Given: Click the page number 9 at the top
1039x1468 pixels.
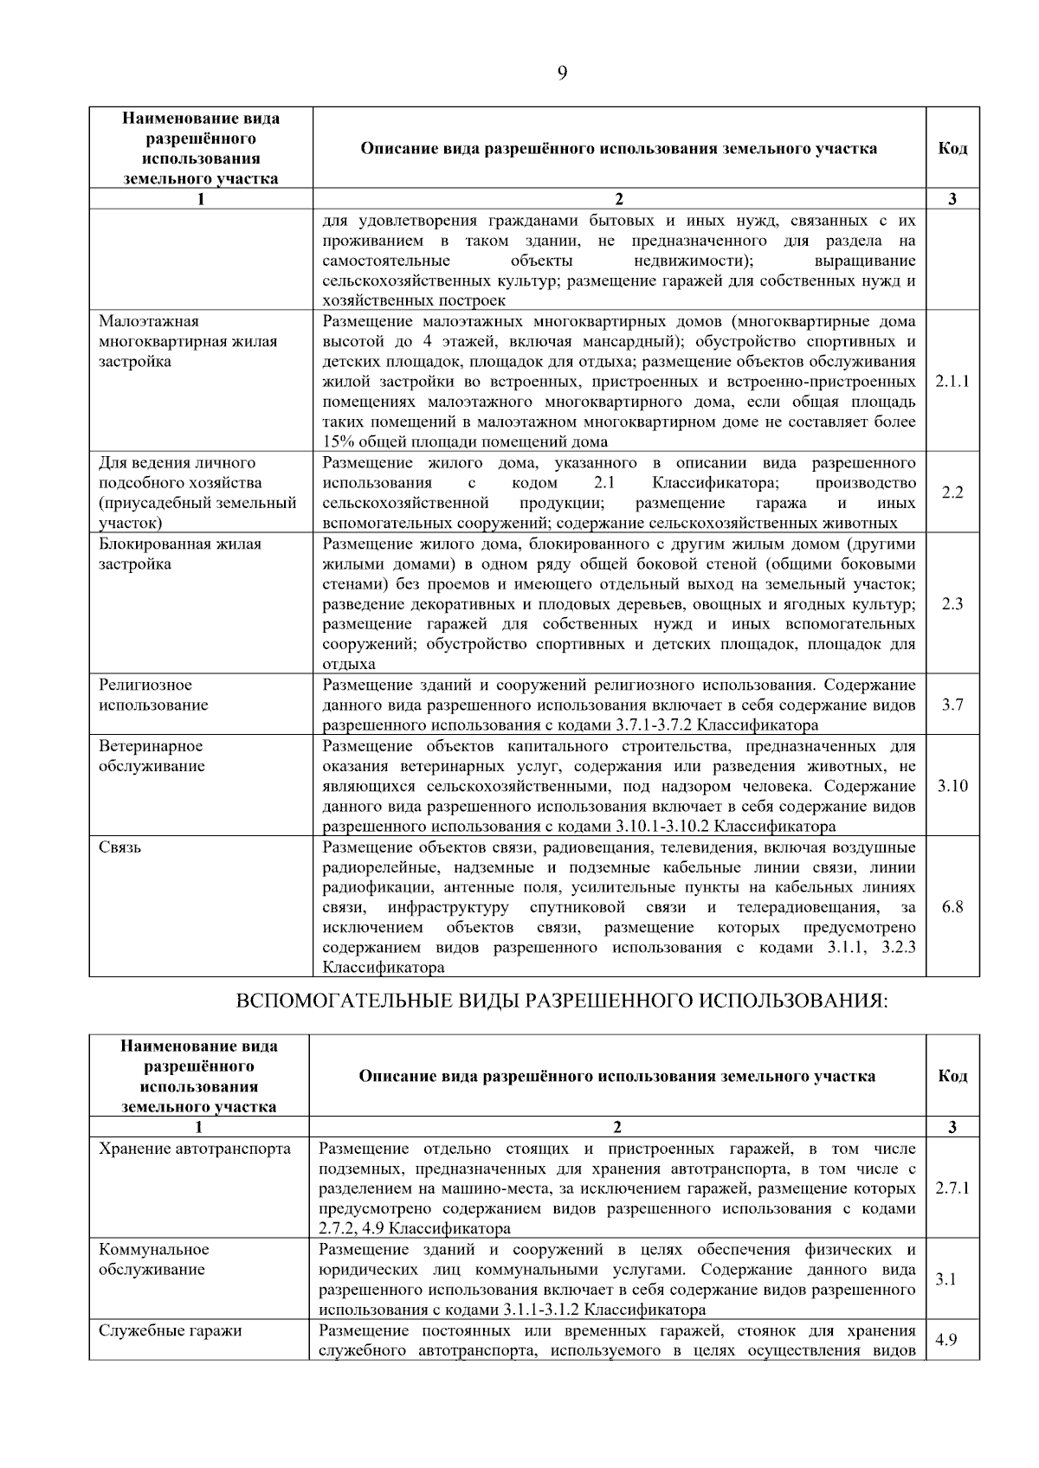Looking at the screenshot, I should pyautogui.click(x=562, y=73).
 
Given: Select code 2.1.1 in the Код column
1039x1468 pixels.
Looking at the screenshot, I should pyautogui.click(x=952, y=381).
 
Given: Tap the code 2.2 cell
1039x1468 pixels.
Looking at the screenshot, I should pyautogui.click(x=952, y=493).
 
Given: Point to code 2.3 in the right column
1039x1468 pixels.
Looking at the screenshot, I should pyautogui.click(x=952, y=604).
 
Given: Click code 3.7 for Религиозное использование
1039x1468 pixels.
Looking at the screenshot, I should pyautogui.click(x=952, y=705).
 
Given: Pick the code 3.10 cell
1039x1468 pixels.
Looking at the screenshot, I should pyautogui.click(x=952, y=786).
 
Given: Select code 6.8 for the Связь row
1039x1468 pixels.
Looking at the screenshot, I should pyautogui.click(x=952, y=907).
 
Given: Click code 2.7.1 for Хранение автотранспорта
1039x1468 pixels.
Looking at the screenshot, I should pyautogui.click(x=952, y=1188).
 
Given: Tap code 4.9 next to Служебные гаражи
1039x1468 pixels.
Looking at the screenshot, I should pyautogui.click(x=946, y=1340).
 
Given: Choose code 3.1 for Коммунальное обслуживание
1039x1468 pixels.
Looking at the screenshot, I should pyautogui.click(x=946, y=1279).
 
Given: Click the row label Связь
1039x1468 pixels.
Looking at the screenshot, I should pyautogui.click(x=119, y=847).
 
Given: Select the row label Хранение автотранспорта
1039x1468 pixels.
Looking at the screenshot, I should pyautogui.click(x=195, y=1149).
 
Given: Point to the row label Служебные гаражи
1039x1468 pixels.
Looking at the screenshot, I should pyautogui.click(x=171, y=1330).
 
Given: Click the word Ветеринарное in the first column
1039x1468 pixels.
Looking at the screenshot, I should pyautogui.click(x=151, y=746).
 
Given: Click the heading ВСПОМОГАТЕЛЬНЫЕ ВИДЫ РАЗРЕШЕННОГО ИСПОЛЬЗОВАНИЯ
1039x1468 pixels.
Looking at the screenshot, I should pyautogui.click(x=563, y=1001).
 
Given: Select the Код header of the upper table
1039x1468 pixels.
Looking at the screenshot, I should pyautogui.click(x=952, y=148).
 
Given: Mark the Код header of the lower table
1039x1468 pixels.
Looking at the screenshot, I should pyautogui.click(x=952, y=1076).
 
